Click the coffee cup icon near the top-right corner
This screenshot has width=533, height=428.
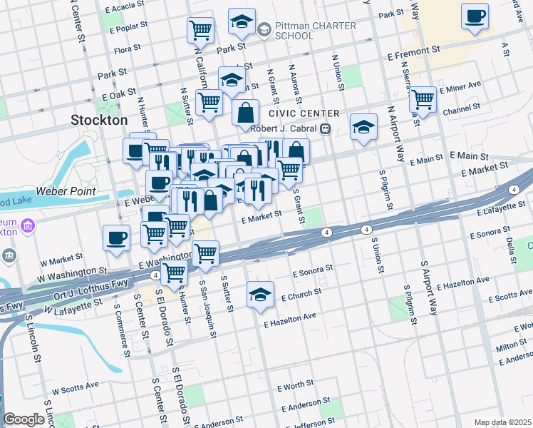[475, 16]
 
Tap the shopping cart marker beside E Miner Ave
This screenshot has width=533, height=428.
[423, 99]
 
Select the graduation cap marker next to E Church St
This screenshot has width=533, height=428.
[261, 293]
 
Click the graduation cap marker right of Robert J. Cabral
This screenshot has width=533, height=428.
[363, 128]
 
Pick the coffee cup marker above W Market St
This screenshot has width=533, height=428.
[116, 238]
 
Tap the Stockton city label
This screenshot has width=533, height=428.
[99, 120]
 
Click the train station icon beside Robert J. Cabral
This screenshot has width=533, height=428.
[325, 129]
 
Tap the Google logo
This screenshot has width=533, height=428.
[24, 419]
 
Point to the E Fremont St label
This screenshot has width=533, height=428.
[413, 52]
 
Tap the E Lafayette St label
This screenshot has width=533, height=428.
[503, 207]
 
